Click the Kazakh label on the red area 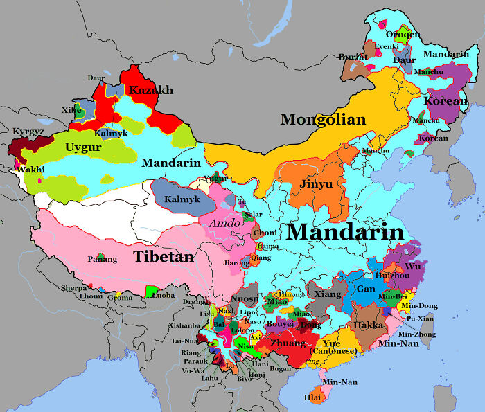tap(151, 91)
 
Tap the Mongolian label tap(323, 120)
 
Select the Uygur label tap(83, 147)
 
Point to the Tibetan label tap(164, 256)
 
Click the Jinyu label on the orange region tap(316, 185)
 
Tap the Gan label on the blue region tap(366, 289)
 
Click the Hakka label tap(369, 325)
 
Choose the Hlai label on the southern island tap(312, 397)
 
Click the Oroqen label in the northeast tap(403, 33)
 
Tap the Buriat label tap(353, 57)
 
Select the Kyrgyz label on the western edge tap(28, 131)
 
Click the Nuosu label tap(244, 299)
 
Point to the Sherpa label tap(74, 287)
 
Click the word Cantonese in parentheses tap(335, 351)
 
